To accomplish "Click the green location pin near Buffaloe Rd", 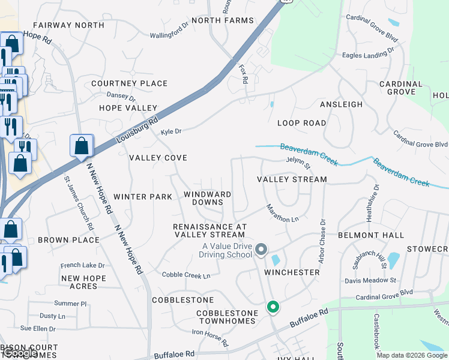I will pyautogui.click(x=273, y=308).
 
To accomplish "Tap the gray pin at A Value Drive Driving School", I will pyautogui.click(x=261, y=248).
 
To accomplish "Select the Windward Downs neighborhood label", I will pyautogui.click(x=208, y=199).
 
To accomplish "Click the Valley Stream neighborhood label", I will pyautogui.click(x=292, y=179).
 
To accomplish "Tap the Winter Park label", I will pyautogui.click(x=143, y=197).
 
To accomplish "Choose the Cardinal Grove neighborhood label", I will pyautogui.click(x=401, y=88).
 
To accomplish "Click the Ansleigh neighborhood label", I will pyautogui.click(x=341, y=104).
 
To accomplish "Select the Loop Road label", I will pyautogui.click(x=301, y=123).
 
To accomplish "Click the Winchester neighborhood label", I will pyautogui.click(x=292, y=272).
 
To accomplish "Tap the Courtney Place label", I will pyautogui.click(x=129, y=83).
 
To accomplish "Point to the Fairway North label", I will pyautogui.click(x=60, y=25).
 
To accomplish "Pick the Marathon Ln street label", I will pyautogui.click(x=283, y=214).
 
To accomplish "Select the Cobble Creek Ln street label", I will pyautogui.click(x=186, y=275).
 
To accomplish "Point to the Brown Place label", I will pyautogui.click(x=68, y=240).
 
